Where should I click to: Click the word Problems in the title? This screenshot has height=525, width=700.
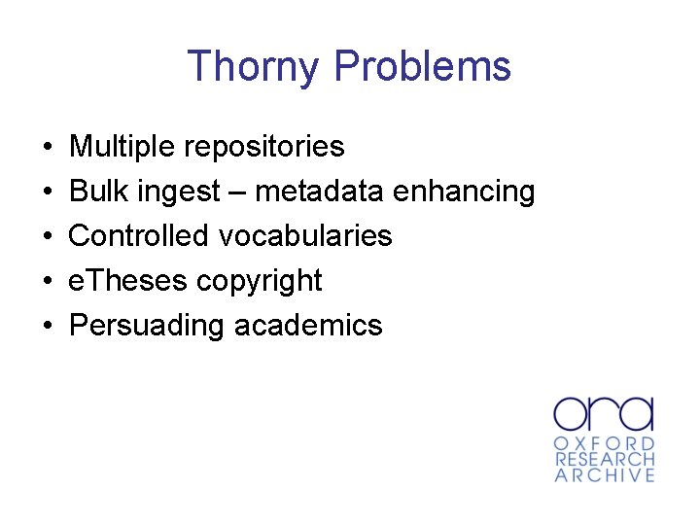pyautogui.click(x=422, y=67)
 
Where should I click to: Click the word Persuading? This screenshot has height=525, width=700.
pyautogui.click(x=147, y=326)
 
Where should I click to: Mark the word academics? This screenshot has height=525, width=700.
pyautogui.click(x=308, y=326)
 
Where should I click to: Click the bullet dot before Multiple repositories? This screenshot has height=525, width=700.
pyautogui.click(x=48, y=148)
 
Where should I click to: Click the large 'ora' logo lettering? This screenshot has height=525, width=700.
pyautogui.click(x=604, y=412)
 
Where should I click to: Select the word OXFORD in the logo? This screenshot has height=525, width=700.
pyautogui.click(x=604, y=442)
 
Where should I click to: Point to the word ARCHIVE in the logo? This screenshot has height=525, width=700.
pyautogui.click(x=604, y=475)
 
